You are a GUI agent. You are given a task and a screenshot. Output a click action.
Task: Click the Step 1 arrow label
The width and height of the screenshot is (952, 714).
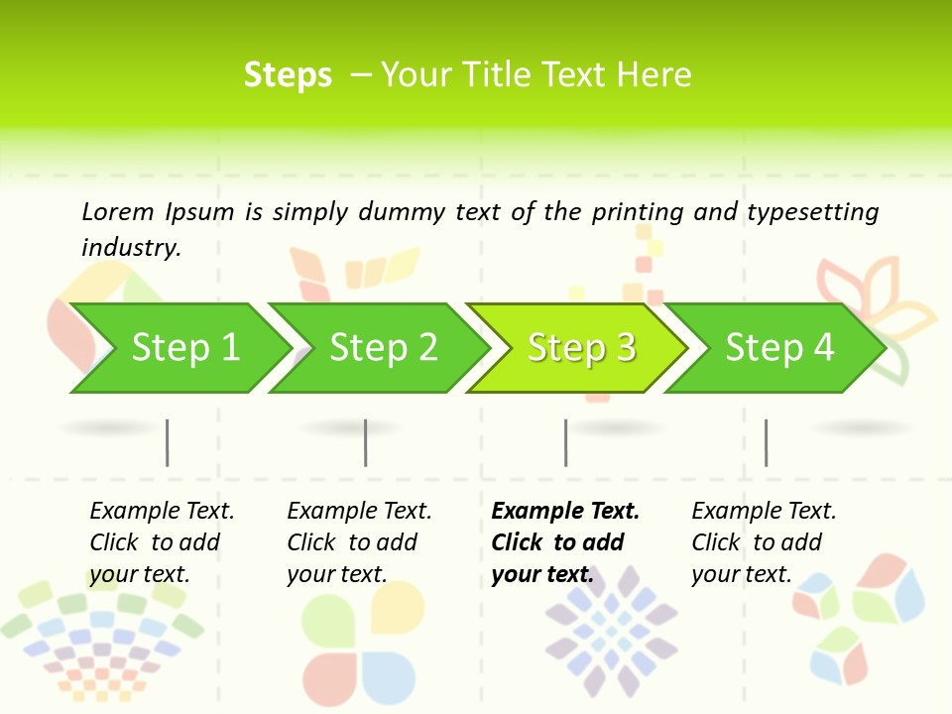point(185,347)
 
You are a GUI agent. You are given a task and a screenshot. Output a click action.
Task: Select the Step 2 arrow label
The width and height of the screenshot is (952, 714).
point(384,347)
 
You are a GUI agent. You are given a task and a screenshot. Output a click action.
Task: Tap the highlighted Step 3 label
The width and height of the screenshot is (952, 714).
point(582,347)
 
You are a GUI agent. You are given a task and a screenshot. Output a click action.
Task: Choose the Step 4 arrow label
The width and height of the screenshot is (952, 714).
point(779,347)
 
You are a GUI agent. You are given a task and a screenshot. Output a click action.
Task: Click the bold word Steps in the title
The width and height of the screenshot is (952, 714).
point(288,75)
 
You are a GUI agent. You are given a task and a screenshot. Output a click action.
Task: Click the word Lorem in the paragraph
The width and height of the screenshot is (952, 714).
point(117,211)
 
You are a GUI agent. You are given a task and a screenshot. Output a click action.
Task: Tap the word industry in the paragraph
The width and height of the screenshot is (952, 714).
point(131,247)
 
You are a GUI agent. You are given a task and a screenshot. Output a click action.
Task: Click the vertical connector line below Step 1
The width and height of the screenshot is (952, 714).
point(168,442)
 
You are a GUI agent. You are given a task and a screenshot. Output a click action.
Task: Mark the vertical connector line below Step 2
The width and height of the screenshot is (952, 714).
point(366,442)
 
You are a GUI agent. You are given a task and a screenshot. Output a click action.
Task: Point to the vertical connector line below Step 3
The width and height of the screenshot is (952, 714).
point(565,442)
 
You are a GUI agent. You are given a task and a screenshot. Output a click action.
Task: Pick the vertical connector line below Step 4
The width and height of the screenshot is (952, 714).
point(766,442)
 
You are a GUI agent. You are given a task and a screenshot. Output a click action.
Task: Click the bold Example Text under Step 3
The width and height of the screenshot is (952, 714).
point(565,511)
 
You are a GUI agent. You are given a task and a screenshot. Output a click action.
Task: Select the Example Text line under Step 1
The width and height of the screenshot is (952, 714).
point(162,511)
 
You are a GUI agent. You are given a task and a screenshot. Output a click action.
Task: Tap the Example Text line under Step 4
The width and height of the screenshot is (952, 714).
point(764,511)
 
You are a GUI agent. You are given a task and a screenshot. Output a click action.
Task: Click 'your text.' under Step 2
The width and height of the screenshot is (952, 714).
point(337,574)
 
